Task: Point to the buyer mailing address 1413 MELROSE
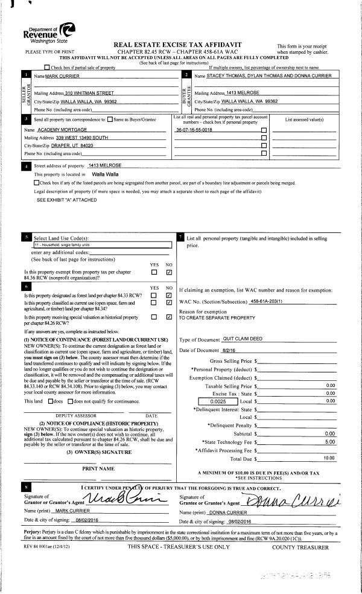243,93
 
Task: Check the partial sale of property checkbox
48,68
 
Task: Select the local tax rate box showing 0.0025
219,400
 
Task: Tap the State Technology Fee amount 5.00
329,442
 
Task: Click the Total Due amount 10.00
329,459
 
